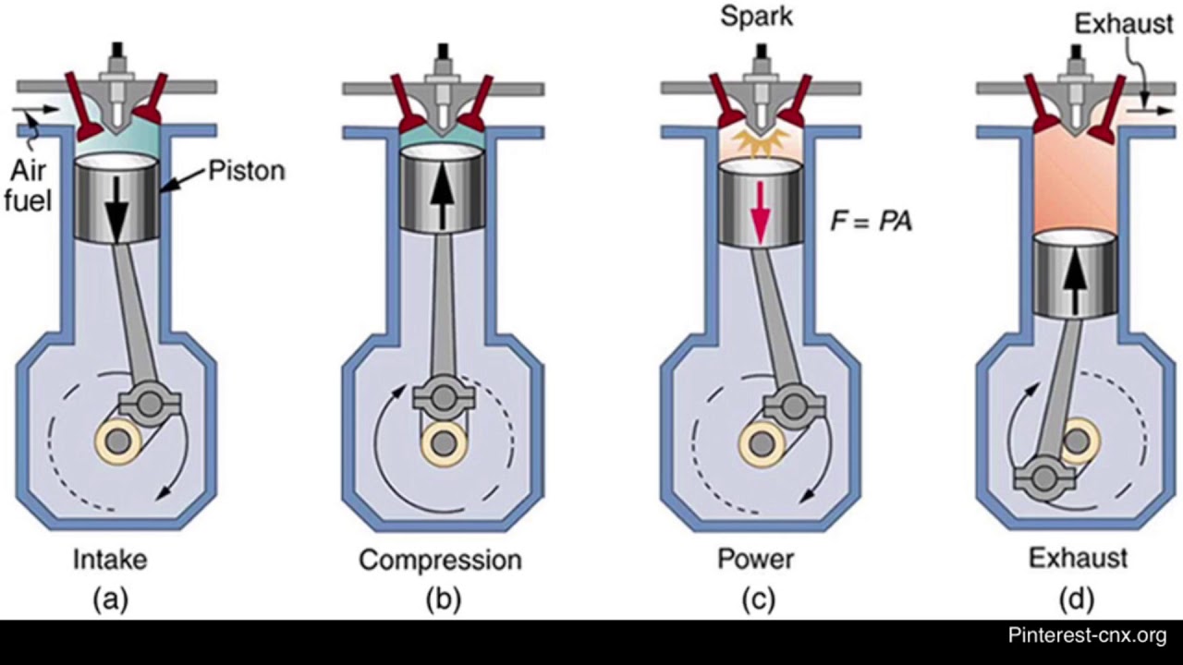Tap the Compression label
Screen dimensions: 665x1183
[440, 560]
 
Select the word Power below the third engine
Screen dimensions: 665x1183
[755, 560]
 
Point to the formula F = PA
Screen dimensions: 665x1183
[871, 222]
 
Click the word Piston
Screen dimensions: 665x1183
[246, 171]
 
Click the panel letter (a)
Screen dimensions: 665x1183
[111, 599]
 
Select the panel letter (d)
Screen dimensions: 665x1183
[1078, 599]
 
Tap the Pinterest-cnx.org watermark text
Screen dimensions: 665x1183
[1087, 635]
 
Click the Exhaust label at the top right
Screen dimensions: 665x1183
[1123, 24]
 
